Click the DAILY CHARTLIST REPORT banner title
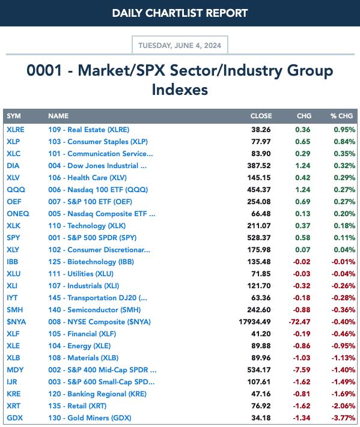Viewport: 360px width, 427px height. click(x=180, y=13)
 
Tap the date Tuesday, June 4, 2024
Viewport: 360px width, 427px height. click(x=180, y=45)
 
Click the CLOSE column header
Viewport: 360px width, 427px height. click(x=261, y=116)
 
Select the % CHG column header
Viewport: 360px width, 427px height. click(x=342, y=116)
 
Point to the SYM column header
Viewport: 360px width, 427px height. click(x=14, y=116)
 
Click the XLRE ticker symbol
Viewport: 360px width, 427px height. click(x=16, y=130)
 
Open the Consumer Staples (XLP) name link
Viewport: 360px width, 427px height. click(x=98, y=142)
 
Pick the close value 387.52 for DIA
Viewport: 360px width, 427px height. click(x=259, y=166)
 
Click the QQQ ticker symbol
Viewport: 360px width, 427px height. click(x=16, y=190)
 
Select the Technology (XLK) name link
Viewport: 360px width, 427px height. click(x=87, y=226)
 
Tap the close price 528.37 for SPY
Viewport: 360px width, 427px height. click(x=259, y=238)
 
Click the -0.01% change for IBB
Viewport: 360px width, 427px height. click(x=343, y=262)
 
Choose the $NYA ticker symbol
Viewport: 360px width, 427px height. click(x=16, y=322)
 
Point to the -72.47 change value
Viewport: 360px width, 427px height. click(x=299, y=322)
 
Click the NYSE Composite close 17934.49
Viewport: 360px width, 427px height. click(x=255, y=322)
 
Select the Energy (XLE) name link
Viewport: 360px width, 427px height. click(x=79, y=346)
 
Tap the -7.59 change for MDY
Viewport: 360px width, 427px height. click(x=302, y=370)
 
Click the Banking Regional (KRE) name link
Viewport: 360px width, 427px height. click(x=97, y=394)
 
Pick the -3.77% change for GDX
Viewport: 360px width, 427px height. click(x=343, y=418)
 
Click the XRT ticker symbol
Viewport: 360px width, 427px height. click(x=13, y=406)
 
